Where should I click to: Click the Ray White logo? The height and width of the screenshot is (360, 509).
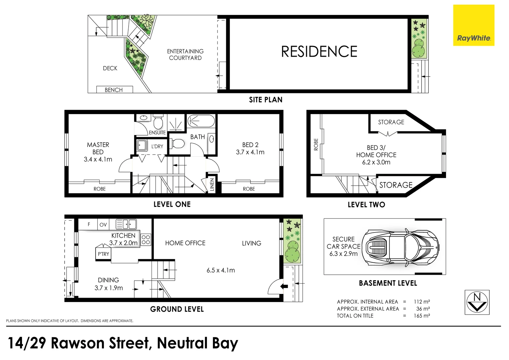pos(473,25)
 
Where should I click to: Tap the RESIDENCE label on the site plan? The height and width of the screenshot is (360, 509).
pos(319,52)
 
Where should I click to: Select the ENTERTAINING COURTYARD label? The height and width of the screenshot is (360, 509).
pos(185,55)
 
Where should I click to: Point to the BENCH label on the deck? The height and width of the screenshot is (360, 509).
pos(114,90)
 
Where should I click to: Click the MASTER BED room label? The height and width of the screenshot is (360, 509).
pos(98,148)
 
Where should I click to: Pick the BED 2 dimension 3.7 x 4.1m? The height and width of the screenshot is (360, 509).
pos(250,152)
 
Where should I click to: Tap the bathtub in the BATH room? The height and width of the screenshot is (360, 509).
pos(201,121)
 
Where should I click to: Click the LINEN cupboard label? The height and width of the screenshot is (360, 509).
pos(212,185)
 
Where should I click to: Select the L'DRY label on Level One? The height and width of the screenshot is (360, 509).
pos(157,146)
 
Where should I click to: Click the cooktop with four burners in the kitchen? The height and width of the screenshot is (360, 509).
pos(146,240)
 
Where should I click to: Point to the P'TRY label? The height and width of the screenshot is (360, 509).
pos(103,254)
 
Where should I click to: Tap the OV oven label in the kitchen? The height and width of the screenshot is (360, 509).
pos(103,225)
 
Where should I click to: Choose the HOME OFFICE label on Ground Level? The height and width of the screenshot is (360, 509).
pos(185,243)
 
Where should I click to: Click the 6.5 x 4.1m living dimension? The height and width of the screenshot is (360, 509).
pos(221,270)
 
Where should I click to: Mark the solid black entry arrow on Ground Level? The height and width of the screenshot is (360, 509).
pos(284,286)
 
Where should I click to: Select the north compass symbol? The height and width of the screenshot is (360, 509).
pos(477,302)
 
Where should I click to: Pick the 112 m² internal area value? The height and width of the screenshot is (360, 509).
pos(422,302)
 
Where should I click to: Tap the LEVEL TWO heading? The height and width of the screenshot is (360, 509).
pos(366,205)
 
